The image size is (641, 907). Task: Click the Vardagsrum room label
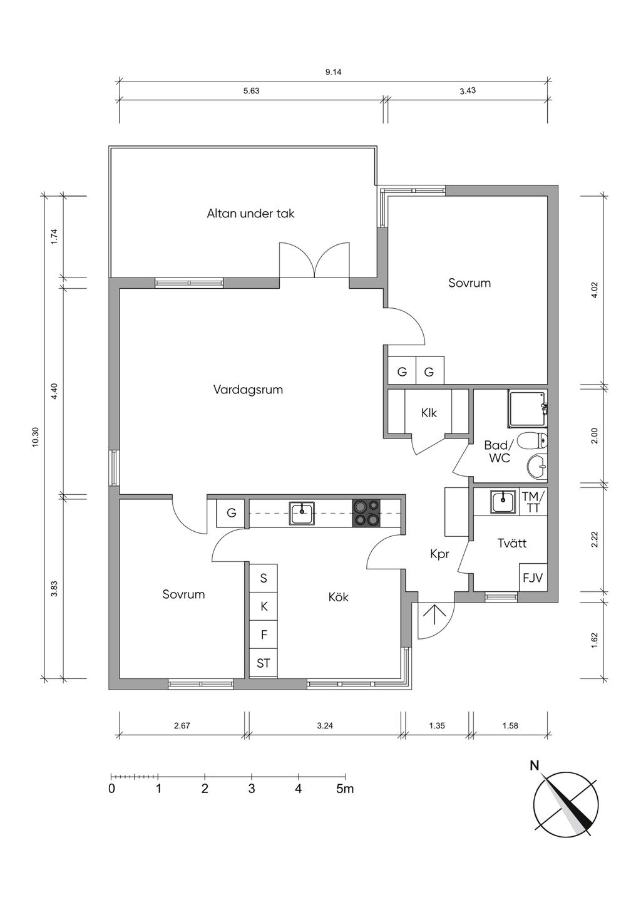pyautogui.click(x=248, y=390)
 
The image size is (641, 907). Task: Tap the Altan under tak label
pyautogui.click(x=250, y=214)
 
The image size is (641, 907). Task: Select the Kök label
pyautogui.click(x=338, y=597)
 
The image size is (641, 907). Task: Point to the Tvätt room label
pyautogui.click(x=512, y=543)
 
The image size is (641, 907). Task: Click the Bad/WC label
pyautogui.click(x=498, y=452)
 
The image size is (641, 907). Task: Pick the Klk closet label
pyautogui.click(x=429, y=413)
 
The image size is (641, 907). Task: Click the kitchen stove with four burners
pyautogui.click(x=367, y=513)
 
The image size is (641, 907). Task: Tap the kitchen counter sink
pyautogui.click(x=302, y=514)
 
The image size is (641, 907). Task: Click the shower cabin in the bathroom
pyautogui.click(x=528, y=408)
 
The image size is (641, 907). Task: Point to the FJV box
pyautogui.click(x=533, y=578)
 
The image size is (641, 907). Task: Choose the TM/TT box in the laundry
pyautogui.click(x=533, y=502)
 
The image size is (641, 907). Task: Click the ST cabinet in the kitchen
pyautogui.click(x=264, y=663)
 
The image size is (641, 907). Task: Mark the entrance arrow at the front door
pyautogui.click(x=431, y=616)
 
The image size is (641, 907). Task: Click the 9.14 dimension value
pyautogui.click(x=334, y=73)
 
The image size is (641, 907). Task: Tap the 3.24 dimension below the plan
pyautogui.click(x=325, y=726)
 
